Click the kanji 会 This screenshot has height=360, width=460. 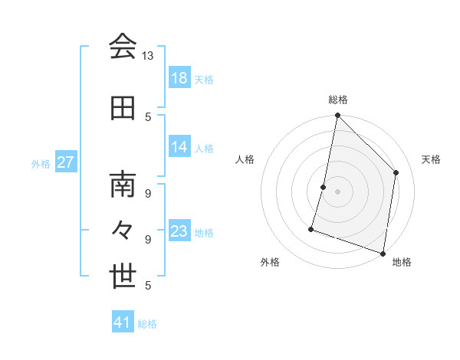pyautogui.click(x=123, y=47)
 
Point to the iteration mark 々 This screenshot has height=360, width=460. pyautogui.click(x=123, y=231)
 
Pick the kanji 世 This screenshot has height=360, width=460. pyautogui.click(x=123, y=277)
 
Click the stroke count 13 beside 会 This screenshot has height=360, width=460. pyautogui.click(x=147, y=56)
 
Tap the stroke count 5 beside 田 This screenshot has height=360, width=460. pyautogui.click(x=148, y=116)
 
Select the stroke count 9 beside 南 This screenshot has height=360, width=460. pyautogui.click(x=148, y=193)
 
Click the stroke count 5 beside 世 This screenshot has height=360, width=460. pyautogui.click(x=148, y=285)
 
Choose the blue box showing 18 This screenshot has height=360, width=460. pyautogui.click(x=179, y=78)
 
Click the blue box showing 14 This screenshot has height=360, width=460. pyautogui.click(x=179, y=147)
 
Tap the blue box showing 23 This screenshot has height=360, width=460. pyautogui.click(x=179, y=231)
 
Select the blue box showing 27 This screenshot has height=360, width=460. pyautogui.click(x=66, y=162)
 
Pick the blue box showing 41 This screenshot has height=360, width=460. pyautogui.click(x=123, y=322)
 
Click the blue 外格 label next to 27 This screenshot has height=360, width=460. pyautogui.click(x=41, y=163)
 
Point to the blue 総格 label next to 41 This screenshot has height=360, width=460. pyautogui.click(x=148, y=324)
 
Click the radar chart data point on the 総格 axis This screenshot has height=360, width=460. pyautogui.click(x=337, y=115)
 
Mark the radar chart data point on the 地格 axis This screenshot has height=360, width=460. pyautogui.click(x=383, y=253)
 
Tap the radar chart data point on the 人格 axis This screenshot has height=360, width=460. pyautogui.click(x=324, y=187)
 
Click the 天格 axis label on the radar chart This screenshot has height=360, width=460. pyautogui.click(x=431, y=159)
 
